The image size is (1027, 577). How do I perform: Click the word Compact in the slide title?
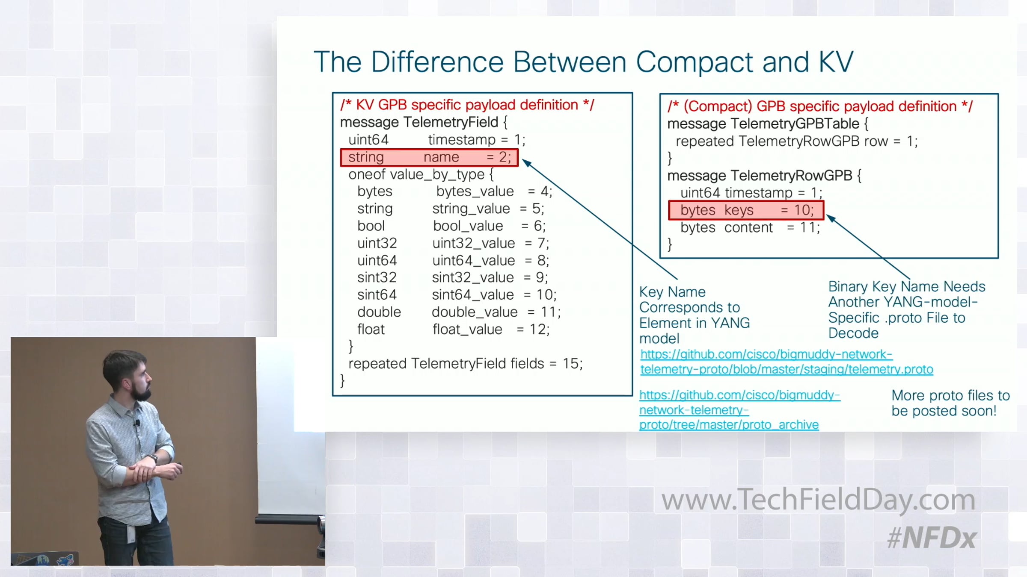[x=695, y=62]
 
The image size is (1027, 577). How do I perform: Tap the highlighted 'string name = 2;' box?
[x=429, y=157]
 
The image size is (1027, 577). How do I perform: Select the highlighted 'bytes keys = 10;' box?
[x=746, y=210]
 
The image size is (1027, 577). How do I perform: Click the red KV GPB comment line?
[x=467, y=105]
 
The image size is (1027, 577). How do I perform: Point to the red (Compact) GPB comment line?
[x=820, y=106]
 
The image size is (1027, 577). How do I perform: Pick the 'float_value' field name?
[x=467, y=329]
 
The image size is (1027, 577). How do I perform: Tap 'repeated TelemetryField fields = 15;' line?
[x=466, y=363]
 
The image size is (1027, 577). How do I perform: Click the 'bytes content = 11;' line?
[x=750, y=227]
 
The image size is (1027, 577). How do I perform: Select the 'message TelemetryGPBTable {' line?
[x=768, y=124]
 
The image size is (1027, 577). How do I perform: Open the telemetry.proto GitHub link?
[x=787, y=362]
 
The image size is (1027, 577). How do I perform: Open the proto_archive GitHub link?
[x=739, y=409]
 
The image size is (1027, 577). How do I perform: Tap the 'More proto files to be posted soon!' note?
[x=950, y=403]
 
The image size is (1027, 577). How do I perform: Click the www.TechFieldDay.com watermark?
[x=818, y=499]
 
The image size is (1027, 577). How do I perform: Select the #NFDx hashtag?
[x=932, y=538]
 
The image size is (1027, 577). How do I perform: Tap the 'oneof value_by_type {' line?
[x=421, y=174]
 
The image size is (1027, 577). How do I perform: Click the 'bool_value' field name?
[x=468, y=226]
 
